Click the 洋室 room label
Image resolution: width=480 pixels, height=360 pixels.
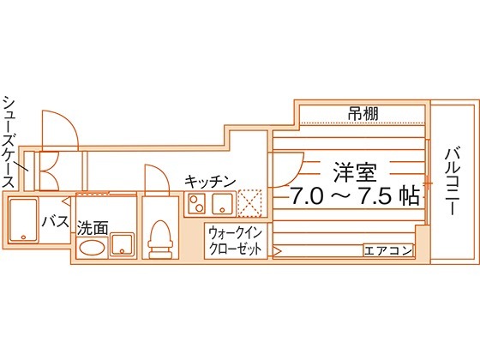[x=355, y=172]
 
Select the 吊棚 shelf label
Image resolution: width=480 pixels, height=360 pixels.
[x=363, y=113]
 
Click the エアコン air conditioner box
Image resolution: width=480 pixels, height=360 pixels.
[x=388, y=250]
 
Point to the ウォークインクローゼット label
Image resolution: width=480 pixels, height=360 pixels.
[x=236, y=242]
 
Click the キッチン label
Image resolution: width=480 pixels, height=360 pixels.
[x=210, y=182]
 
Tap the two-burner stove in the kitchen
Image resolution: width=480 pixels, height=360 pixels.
[x=197, y=204]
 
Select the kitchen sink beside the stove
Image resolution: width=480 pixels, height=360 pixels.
[x=222, y=204]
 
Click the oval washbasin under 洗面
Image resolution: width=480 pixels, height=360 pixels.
[x=90, y=248]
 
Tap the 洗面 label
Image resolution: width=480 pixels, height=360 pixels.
[x=93, y=228]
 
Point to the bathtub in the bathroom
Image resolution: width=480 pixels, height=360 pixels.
[x=23, y=219]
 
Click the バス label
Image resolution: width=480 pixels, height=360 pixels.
[x=56, y=221]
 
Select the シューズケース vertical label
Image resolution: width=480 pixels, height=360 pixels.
[x=9, y=141]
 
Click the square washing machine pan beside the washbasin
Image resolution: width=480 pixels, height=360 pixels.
[x=123, y=244]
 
